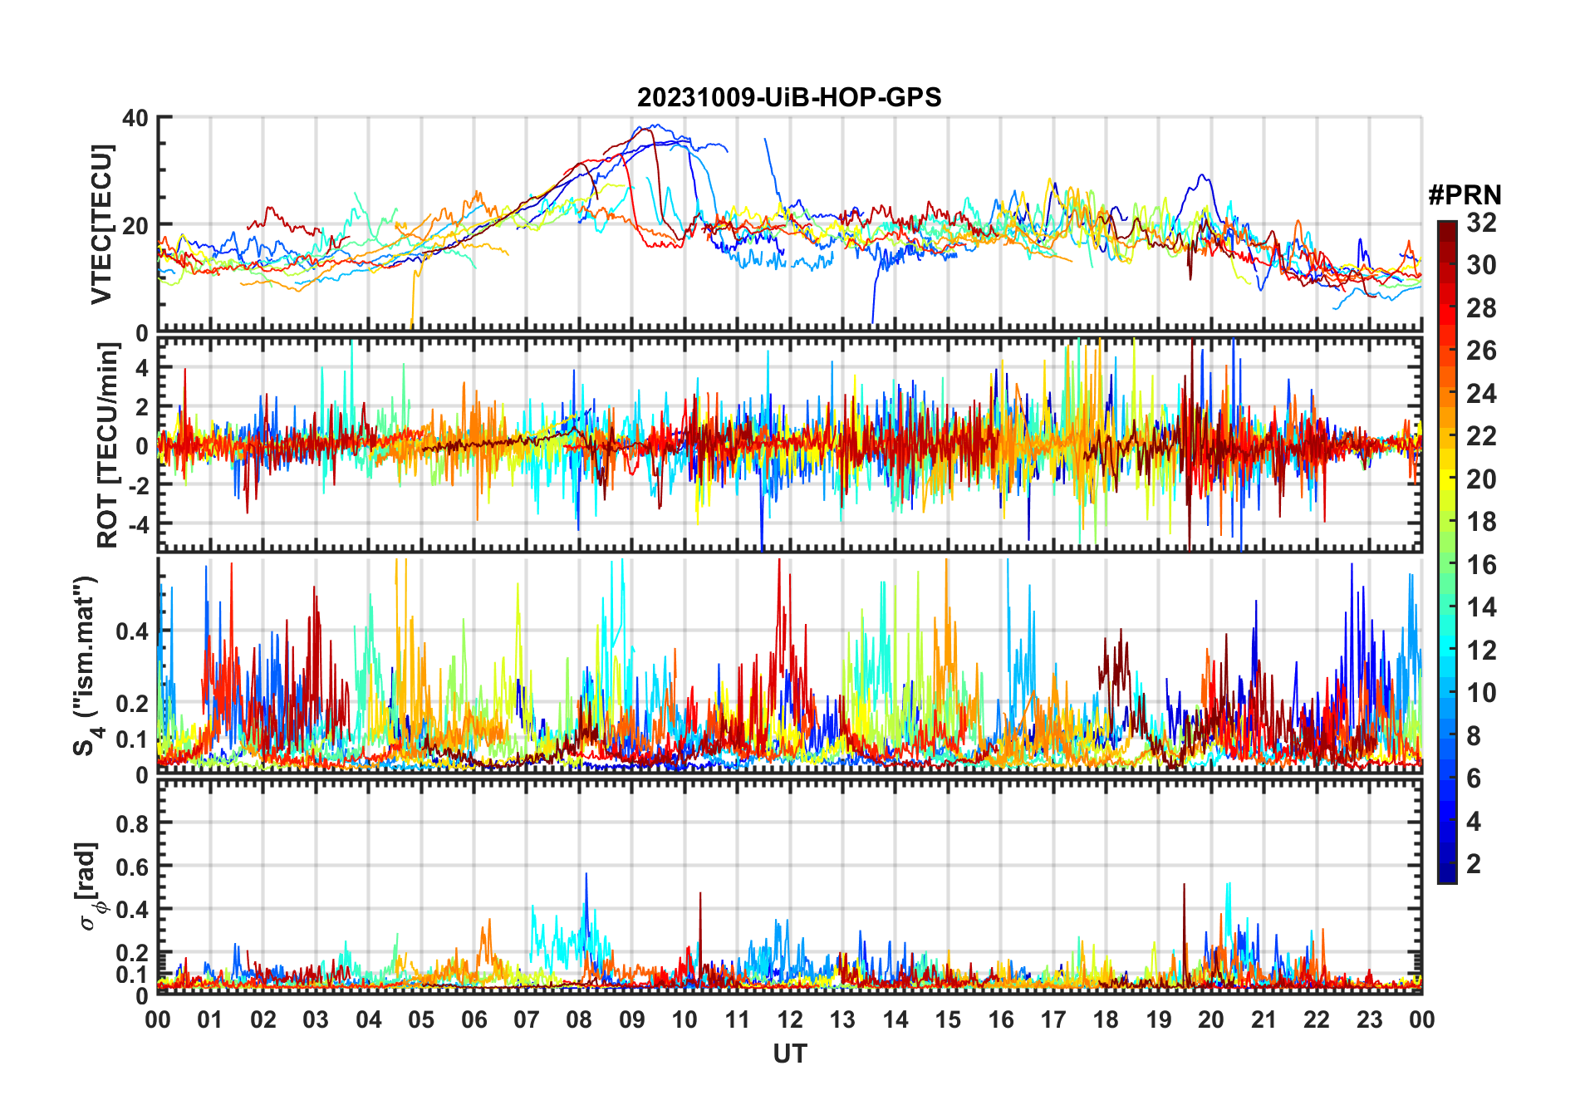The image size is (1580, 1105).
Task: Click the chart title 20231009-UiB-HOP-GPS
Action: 789,97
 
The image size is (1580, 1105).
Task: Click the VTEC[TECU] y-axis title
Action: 101,224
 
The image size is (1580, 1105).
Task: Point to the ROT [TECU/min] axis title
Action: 107,444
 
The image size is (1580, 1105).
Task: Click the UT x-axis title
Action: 789,1053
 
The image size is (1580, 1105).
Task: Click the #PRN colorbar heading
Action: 1465,194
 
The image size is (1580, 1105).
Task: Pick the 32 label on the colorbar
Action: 1481,223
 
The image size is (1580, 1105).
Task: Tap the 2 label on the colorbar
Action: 1474,864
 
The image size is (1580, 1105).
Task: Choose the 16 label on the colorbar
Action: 1481,565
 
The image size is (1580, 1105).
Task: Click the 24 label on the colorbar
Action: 1481,394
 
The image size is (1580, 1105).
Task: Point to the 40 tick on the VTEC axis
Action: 135,118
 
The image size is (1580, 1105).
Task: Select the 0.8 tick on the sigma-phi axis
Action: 132,823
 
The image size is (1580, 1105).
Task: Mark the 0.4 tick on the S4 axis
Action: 132,631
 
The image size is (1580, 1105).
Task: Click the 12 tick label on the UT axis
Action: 790,1019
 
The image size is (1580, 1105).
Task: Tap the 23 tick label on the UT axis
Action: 1369,1019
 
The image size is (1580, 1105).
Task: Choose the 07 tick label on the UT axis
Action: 527,1019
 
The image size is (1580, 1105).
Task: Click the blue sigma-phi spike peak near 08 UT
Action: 586,874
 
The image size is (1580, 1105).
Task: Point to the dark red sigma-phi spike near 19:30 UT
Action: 1184,886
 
